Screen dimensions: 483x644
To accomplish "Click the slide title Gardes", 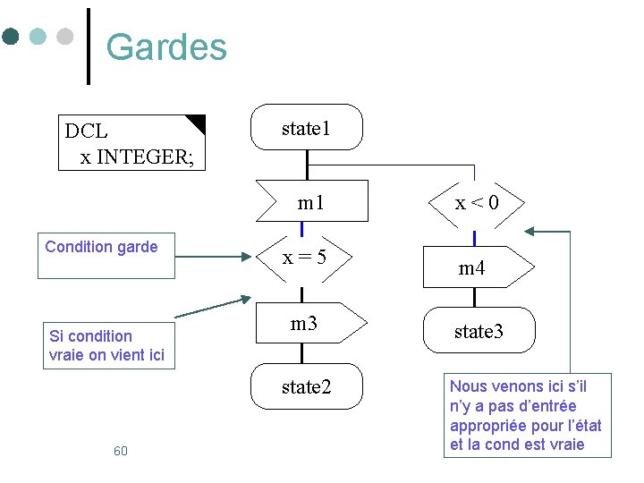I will coord(166,47).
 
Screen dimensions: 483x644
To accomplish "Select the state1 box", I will coord(306,128).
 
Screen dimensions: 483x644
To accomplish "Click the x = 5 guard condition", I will coord(304,258).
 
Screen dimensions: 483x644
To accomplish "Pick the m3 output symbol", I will coord(308,324).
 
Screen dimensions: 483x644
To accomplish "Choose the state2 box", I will coord(306,386).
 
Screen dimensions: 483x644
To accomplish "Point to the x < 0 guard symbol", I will coord(476,203).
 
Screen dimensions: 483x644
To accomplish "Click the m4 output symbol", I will coord(474,267).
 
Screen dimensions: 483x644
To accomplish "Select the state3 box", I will coord(479,332).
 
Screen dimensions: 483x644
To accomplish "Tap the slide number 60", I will coord(121,451).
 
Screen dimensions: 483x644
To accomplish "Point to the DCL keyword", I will coord(86,131).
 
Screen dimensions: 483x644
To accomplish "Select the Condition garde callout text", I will coord(101,247).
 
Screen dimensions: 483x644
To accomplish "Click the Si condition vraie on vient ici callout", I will coord(106,345).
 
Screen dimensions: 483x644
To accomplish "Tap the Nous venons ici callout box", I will coord(527,416).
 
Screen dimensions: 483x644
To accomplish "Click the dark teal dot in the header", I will coord(11,37).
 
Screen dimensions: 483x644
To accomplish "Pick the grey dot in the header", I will coord(64,37).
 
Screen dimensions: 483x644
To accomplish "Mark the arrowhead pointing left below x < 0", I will coord(530,232).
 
